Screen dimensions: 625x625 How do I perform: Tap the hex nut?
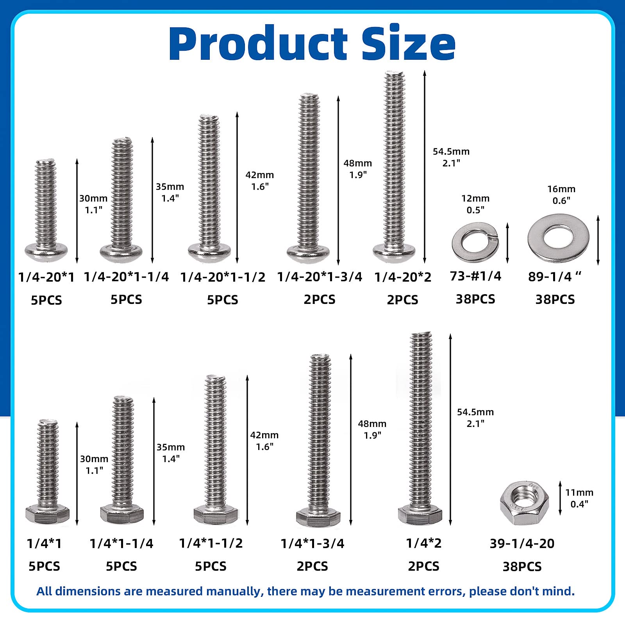(524, 503)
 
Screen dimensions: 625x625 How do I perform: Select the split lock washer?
(475, 243)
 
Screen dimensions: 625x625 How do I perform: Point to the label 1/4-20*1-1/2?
(223, 277)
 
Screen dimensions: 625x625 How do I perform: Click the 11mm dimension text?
(579, 493)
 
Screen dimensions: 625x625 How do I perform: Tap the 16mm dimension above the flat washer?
(561, 189)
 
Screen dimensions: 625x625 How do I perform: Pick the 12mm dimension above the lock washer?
(475, 198)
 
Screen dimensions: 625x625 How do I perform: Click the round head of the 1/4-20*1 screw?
(46, 252)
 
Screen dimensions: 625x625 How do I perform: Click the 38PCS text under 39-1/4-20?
(522, 566)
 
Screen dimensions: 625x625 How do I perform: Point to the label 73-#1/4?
(475, 276)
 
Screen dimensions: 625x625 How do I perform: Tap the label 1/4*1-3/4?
(312, 543)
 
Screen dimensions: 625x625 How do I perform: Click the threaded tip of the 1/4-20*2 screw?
(394, 76)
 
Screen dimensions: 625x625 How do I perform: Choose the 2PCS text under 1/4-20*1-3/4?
(320, 300)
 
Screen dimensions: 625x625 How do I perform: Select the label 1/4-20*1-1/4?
(126, 277)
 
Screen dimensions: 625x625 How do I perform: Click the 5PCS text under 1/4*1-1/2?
(211, 566)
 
